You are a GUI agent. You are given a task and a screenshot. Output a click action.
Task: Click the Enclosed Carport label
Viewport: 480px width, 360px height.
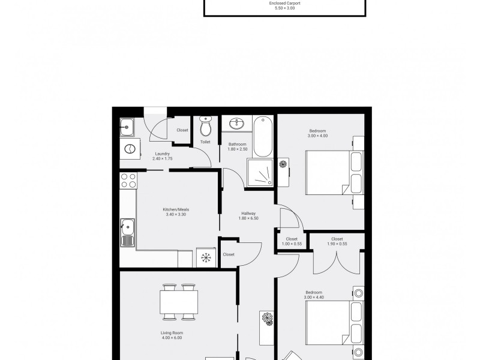click(284, 4)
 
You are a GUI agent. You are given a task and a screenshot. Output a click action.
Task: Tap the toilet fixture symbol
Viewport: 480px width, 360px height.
click(205, 126)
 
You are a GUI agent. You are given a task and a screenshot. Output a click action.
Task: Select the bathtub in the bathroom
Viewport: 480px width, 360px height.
click(263, 137)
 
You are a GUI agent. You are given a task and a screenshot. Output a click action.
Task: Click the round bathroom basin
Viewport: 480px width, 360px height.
click(237, 124)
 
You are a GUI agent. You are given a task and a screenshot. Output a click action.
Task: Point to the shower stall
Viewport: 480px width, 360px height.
click(260, 173)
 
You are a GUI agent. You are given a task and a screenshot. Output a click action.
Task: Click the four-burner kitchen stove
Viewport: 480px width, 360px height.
click(128, 181)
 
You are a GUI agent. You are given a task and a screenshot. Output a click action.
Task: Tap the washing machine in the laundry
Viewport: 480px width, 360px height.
click(130, 149)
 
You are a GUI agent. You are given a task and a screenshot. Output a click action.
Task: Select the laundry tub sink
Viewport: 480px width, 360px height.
click(127, 127)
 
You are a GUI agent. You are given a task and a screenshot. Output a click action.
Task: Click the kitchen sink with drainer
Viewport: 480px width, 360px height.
click(127, 233)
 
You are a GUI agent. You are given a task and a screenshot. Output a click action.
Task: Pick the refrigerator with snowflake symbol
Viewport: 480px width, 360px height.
click(206, 258)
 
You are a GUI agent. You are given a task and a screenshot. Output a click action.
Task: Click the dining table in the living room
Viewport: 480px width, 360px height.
click(179, 302)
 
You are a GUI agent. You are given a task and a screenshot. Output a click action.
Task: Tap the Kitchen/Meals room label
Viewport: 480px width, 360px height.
click(176, 209)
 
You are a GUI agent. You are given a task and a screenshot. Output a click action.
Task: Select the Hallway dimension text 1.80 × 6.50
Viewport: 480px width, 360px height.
click(248, 218)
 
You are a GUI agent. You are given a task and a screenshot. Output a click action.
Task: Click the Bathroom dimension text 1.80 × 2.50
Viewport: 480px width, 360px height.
click(238, 149)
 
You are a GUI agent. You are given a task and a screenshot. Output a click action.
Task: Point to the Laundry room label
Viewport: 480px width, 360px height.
click(163, 154)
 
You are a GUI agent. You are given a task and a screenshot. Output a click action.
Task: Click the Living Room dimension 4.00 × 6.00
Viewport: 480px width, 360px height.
click(172, 338)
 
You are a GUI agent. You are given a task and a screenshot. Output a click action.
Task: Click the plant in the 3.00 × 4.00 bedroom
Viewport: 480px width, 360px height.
click(283, 164)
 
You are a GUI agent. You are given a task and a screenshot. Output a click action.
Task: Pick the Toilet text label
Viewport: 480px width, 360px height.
click(205, 142)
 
